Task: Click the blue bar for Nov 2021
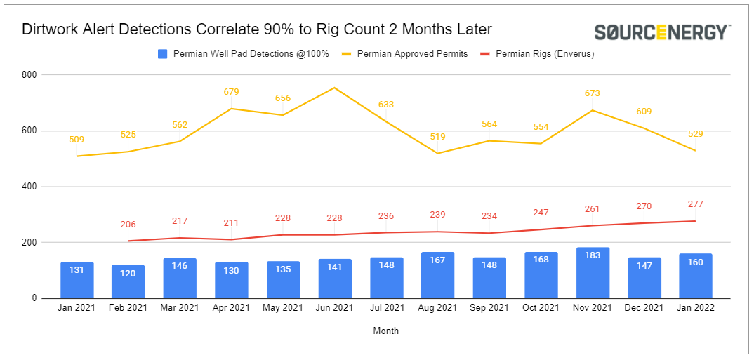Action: pos(593,273)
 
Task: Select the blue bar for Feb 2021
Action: pos(128,281)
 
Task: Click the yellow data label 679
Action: pos(232,91)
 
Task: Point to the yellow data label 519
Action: pos(438,138)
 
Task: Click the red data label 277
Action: pos(696,204)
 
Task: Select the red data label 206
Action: pos(128,225)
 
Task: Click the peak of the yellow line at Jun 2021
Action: pos(334,88)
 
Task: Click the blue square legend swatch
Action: pos(162,53)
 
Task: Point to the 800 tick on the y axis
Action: pos(29,74)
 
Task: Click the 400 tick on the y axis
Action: pos(29,187)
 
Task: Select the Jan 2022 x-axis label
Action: pos(696,308)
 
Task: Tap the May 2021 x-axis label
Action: pos(283,308)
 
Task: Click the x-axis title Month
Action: pos(386,331)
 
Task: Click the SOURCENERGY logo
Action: pos(662,32)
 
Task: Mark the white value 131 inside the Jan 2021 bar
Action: pos(77,269)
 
